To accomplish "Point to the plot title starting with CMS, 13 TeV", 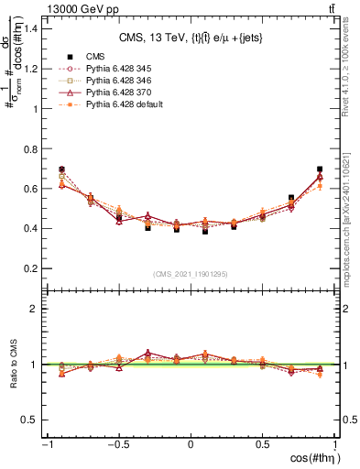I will [x=191, y=38].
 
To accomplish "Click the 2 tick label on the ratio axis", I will [x=36, y=309].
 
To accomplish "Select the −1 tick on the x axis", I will [x=45, y=446].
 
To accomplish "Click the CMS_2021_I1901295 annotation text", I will [x=190, y=274].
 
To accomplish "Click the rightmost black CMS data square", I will [x=320, y=169].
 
